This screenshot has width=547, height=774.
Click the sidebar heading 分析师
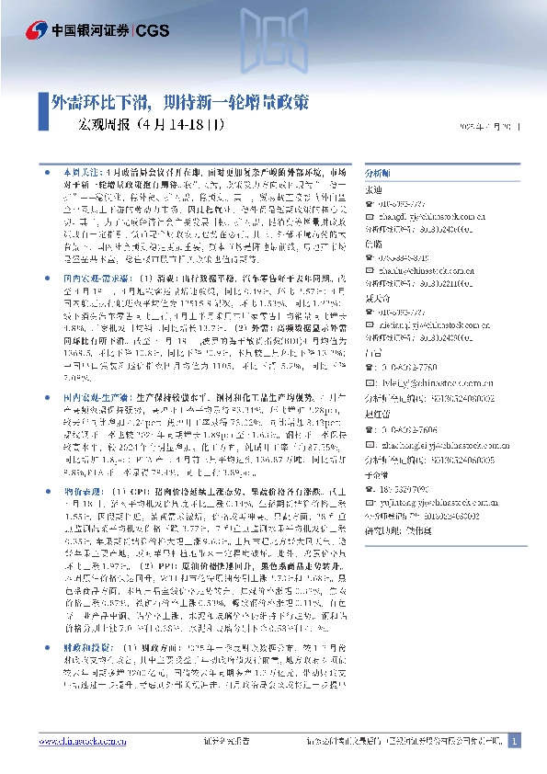(378, 173)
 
